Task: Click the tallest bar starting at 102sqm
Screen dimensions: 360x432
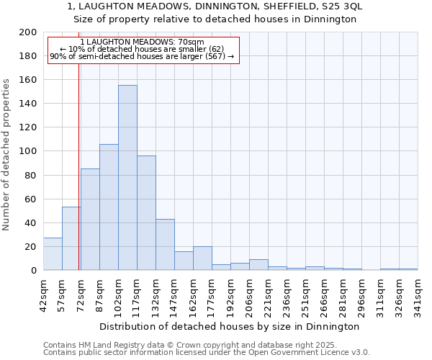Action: (127, 178)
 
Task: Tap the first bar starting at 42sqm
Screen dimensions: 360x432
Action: (53, 254)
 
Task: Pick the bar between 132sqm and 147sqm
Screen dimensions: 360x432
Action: (165, 245)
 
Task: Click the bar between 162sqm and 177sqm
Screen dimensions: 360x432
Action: (202, 258)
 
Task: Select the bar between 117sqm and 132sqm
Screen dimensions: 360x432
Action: (146, 213)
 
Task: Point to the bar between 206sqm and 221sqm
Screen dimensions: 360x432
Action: (258, 265)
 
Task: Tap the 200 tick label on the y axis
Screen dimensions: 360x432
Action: (28, 32)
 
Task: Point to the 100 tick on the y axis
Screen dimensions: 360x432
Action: (28, 151)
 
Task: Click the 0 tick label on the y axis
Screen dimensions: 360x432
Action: (34, 270)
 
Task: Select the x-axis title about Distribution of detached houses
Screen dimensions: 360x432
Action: (230, 326)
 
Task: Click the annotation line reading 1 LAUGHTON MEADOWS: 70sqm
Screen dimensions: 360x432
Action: (143, 42)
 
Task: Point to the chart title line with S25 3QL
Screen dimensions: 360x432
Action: (215, 6)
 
